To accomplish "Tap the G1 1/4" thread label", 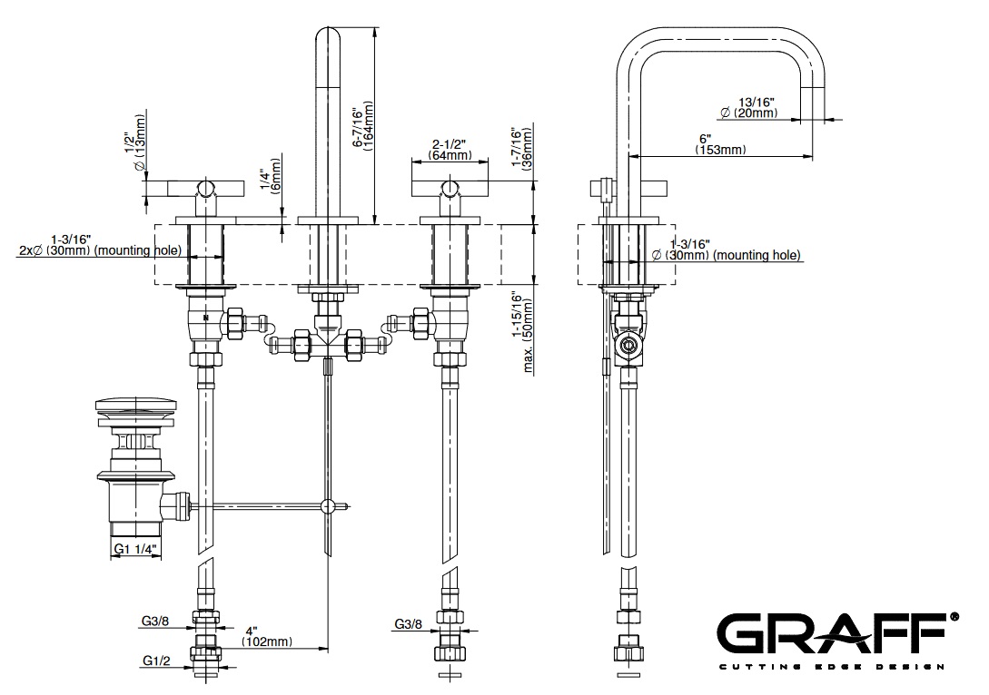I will (135, 549).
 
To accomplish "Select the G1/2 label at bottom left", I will (156, 661).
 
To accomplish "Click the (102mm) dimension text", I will (266, 642).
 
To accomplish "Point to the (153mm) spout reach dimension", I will (720, 150).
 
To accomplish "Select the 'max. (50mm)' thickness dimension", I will (529, 334).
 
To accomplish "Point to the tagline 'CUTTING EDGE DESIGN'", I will (831, 668).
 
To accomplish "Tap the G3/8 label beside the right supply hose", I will (408, 624).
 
